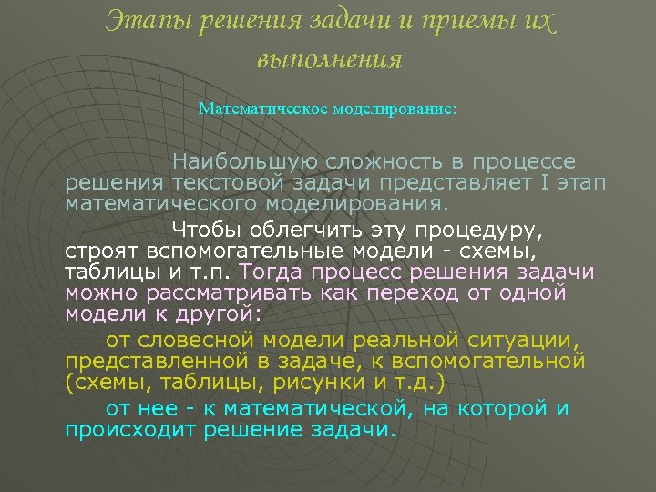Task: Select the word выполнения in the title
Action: [x=329, y=60]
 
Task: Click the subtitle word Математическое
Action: [x=252, y=108]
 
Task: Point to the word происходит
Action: [x=131, y=429]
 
